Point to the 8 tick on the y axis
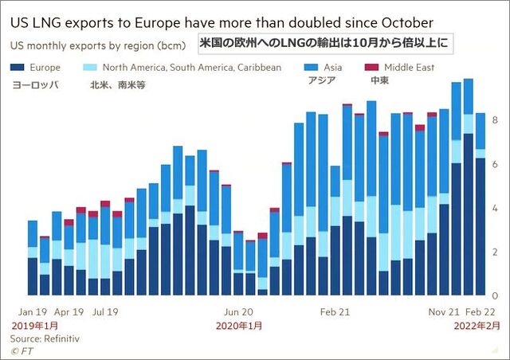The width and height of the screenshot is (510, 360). pyautogui.click(x=495, y=120)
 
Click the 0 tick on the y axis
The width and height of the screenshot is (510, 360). pyautogui.click(x=495, y=295)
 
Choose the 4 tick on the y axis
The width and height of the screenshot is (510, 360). pyautogui.click(x=495, y=208)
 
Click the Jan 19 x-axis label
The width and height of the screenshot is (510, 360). pyautogui.click(x=33, y=313)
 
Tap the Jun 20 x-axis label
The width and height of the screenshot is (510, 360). pyautogui.click(x=238, y=313)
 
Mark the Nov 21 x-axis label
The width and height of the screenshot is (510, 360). pyautogui.click(x=445, y=313)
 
